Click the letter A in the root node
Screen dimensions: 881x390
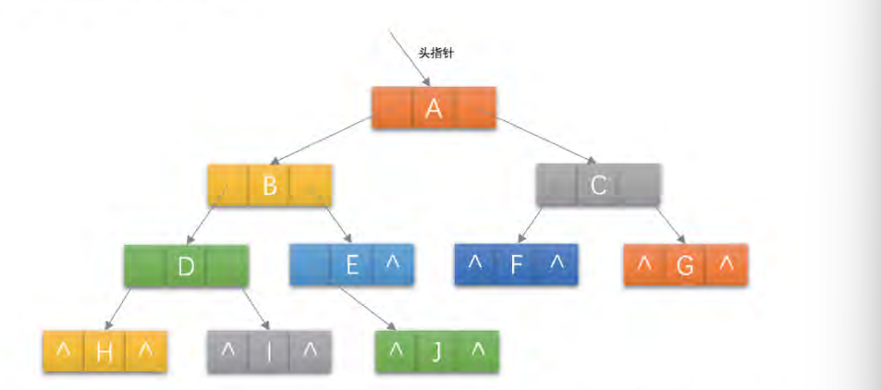(434, 109)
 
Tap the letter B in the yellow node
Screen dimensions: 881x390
(270, 187)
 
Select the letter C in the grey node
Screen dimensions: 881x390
(598, 186)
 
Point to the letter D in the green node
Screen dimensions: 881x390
(186, 267)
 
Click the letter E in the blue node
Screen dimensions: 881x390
(351, 265)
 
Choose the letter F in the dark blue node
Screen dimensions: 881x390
(517, 265)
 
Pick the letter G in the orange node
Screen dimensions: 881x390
(685, 266)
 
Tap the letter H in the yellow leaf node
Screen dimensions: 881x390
(104, 352)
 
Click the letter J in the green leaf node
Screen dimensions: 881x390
(437, 352)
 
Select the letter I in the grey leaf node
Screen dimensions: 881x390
(270, 352)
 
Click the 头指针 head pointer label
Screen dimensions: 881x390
(435, 54)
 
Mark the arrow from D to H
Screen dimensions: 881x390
(117, 309)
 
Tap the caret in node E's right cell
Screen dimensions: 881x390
(393, 263)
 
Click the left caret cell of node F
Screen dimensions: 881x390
(475, 263)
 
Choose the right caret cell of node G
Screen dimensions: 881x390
(727, 264)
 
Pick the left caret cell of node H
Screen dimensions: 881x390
(63, 350)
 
